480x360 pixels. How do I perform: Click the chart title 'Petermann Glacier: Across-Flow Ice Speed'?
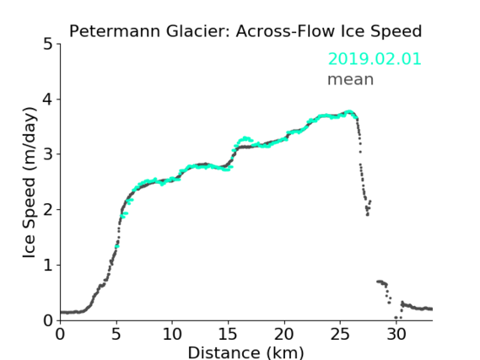(x=245, y=31)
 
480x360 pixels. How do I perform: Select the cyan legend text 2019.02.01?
(x=375, y=59)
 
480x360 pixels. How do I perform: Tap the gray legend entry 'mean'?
(x=351, y=79)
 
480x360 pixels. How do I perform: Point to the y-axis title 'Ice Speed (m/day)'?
(x=30, y=183)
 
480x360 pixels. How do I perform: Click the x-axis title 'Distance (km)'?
(x=245, y=352)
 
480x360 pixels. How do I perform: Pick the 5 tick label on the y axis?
(x=48, y=44)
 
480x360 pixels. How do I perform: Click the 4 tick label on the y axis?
(x=48, y=99)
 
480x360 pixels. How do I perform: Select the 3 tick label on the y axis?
(x=48, y=154)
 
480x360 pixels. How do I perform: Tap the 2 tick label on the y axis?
(x=48, y=210)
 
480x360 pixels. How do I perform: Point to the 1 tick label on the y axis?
(x=48, y=266)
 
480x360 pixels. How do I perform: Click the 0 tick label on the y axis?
(x=48, y=320)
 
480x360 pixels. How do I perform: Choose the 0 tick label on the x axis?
(x=60, y=334)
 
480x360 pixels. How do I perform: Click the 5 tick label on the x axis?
(x=116, y=334)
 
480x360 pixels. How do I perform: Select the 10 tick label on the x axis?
(x=172, y=334)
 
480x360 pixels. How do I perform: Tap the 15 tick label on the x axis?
(x=228, y=334)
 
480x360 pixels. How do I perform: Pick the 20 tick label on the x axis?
(x=283, y=334)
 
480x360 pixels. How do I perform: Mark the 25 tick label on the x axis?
(x=340, y=334)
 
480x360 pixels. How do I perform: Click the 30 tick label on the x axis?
(x=396, y=334)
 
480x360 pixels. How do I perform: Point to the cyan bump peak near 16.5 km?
(x=245, y=138)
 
